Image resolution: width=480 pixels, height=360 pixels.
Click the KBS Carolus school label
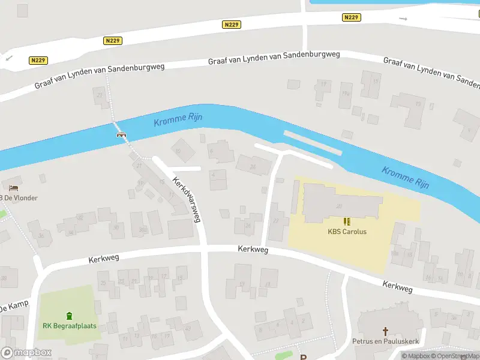(x=347, y=232)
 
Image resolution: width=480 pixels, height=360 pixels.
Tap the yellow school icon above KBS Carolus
(x=347, y=221)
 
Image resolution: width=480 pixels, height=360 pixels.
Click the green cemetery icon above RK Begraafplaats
(x=70, y=316)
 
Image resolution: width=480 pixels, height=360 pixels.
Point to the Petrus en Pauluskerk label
(x=385, y=341)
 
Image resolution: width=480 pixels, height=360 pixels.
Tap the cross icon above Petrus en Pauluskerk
(x=385, y=331)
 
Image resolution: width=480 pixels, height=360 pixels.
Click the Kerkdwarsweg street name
(x=186, y=199)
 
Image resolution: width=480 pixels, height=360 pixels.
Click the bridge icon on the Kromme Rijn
(x=121, y=134)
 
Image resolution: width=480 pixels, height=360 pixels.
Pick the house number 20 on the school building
(x=339, y=206)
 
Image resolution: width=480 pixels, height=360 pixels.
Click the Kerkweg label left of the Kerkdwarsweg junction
(x=104, y=259)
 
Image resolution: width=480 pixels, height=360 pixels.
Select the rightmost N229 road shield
(x=352, y=17)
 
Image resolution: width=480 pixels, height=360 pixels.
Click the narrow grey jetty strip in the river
(x=312, y=142)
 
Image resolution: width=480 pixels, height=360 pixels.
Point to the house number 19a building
(x=345, y=94)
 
